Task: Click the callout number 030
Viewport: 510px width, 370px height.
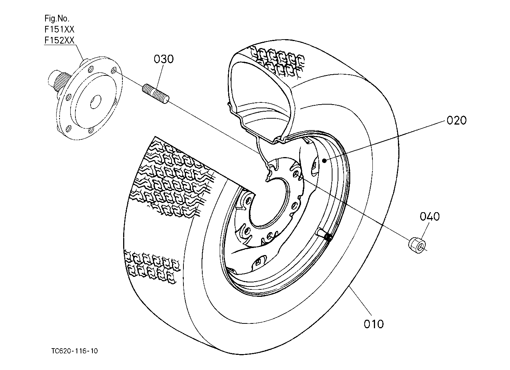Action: [x=163, y=59]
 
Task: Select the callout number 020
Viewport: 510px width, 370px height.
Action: [x=456, y=120]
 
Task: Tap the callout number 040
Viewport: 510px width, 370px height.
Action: [x=430, y=216]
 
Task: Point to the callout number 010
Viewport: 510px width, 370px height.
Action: [x=374, y=324]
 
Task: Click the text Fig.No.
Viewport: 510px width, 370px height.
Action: [x=57, y=18]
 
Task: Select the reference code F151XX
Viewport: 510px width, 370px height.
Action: [x=60, y=29]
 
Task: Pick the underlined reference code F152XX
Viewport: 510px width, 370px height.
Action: [x=60, y=40]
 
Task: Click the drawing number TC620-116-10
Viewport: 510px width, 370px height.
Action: [x=75, y=351]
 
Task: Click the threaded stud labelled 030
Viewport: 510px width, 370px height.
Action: [x=156, y=94]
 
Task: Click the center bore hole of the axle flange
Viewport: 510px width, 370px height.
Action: [x=96, y=102]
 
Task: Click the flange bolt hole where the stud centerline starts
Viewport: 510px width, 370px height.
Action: [x=114, y=70]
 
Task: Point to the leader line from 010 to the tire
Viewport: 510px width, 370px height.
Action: [x=361, y=301]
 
